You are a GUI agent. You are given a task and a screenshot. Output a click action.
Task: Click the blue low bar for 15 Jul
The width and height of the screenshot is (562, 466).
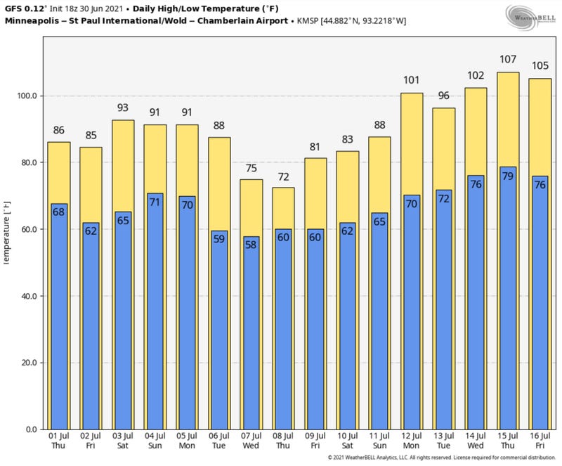(x=507, y=302)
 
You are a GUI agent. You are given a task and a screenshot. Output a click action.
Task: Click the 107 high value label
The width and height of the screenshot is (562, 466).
(x=507, y=60)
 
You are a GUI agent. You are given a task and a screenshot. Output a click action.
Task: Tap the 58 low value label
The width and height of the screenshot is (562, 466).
(x=251, y=246)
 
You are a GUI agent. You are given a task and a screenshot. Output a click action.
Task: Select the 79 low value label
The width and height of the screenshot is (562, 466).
(x=507, y=176)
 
